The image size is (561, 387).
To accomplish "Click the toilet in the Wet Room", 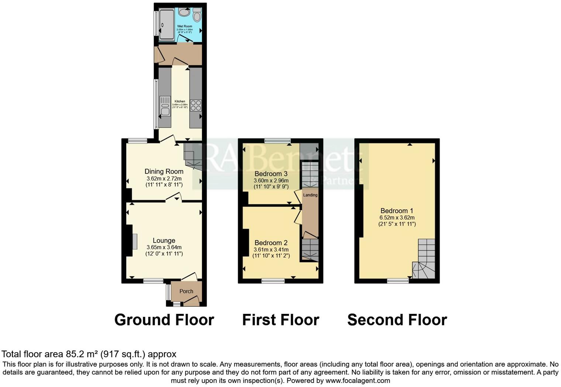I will pos(197,15).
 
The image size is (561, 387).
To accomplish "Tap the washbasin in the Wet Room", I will pos(184,12).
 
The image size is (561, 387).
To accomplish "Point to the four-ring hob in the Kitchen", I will pos(196,106).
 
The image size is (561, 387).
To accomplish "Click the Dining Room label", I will pos(164,171).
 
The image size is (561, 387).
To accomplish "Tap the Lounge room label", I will pos(164,241).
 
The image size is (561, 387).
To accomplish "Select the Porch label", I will pos(186,291).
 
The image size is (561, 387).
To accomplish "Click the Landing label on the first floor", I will pos(310,195).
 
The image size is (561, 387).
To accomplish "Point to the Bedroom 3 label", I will pos(271,174).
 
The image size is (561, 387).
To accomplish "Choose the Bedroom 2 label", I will pos(271,243).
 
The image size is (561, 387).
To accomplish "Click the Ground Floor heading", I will pos(164,320).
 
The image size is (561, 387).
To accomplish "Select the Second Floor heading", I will pos(397,320).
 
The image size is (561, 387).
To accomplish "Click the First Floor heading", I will pos(280,320).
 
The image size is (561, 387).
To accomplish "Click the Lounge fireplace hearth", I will pos(135,241).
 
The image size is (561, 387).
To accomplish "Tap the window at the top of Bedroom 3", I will pos(278,140).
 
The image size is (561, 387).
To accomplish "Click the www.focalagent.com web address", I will pos(357,380).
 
